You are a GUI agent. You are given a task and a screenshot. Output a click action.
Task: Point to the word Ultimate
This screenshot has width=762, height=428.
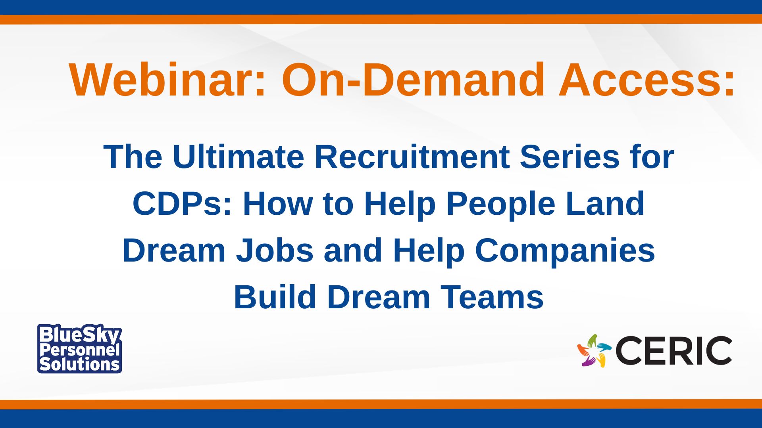(x=239, y=157)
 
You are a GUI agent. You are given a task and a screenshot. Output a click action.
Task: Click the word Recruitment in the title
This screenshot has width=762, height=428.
(x=412, y=157)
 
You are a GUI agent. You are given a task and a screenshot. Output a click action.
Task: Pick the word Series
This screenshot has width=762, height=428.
(x=570, y=157)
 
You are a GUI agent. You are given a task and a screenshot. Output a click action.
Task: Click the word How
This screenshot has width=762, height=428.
(x=278, y=203)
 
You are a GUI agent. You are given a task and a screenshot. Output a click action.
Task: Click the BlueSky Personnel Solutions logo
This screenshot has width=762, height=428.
(x=80, y=349)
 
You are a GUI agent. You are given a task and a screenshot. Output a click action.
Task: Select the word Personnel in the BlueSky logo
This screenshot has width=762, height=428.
(x=80, y=350)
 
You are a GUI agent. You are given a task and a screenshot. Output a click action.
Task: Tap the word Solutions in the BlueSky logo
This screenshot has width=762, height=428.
(x=80, y=364)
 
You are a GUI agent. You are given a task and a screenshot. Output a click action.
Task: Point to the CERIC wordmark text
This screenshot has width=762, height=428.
(x=674, y=351)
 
